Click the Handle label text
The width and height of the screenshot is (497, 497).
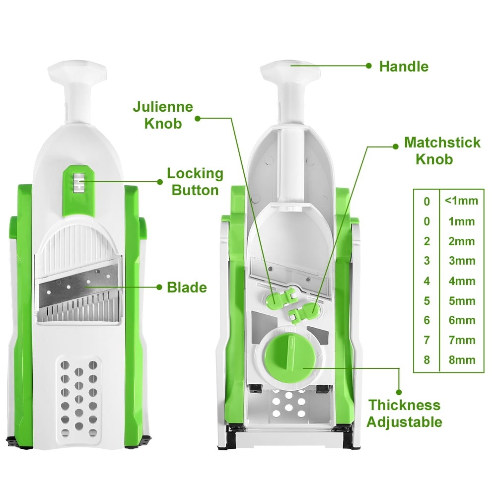[x=403, y=67]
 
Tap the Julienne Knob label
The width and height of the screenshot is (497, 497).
[x=162, y=115]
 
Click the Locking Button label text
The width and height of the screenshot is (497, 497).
[x=195, y=182]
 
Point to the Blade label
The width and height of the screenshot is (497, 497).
[x=187, y=287]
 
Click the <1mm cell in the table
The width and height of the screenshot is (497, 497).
[x=461, y=201]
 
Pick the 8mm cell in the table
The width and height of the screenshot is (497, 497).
[x=461, y=360]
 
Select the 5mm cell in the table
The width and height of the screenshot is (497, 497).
[x=461, y=300]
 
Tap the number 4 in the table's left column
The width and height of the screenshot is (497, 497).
[x=426, y=281]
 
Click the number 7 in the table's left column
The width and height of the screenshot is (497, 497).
[x=426, y=341]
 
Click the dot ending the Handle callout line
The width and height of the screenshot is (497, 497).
[x=369, y=66]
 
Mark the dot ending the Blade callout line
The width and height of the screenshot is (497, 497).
[x=160, y=287]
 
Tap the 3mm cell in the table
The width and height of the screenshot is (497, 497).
[x=461, y=261]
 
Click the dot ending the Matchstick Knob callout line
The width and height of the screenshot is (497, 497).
[x=395, y=146]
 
